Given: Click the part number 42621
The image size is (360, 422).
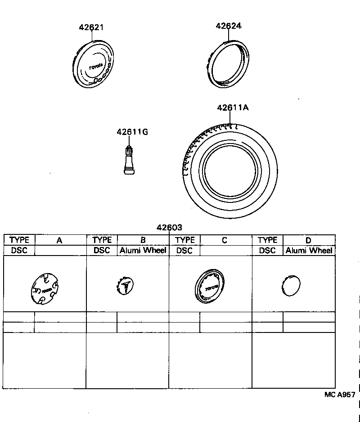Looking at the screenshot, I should tap(91, 27).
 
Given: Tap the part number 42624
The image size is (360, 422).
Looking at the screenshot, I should tap(229, 26).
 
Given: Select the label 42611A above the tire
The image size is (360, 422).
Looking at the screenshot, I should tap(233, 108).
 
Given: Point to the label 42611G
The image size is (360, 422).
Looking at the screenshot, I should tap(132, 132).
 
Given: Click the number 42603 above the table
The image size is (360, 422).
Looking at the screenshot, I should tap(169, 228).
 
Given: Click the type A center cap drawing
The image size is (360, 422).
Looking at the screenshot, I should tap(45, 288).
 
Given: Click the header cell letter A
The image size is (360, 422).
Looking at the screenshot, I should tap(59, 240).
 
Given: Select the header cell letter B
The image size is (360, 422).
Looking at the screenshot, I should tap(143, 240).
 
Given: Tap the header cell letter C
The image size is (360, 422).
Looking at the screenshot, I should tap(225, 240).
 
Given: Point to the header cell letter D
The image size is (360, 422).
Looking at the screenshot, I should tap(308, 240).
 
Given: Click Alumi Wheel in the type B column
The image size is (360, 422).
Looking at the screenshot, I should tap(143, 251).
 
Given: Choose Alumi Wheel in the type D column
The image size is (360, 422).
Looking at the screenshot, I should tap(309, 251).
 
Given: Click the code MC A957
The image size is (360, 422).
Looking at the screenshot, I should tap(340, 395).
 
